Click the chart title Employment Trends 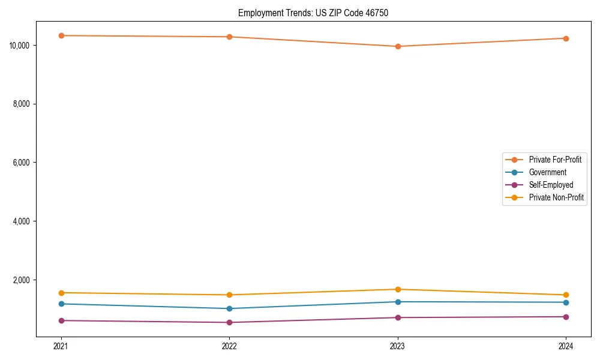tap(313, 13)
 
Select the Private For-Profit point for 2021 tap(61, 35)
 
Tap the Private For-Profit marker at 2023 tap(397, 46)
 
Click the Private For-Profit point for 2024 tap(566, 38)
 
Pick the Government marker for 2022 tap(229, 308)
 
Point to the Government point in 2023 tap(397, 302)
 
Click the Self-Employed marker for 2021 tap(61, 320)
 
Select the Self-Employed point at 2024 tap(566, 317)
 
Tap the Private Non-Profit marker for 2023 tap(397, 289)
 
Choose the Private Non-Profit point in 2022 tap(229, 295)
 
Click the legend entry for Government tap(547, 172)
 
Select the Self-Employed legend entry tap(551, 185)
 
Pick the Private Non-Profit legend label tap(556, 197)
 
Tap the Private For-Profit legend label tap(555, 160)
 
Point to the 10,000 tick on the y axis tap(22, 46)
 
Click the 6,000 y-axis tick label tap(23, 163)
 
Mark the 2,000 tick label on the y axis tap(23, 280)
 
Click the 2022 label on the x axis tap(229, 346)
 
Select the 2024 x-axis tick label tap(566, 346)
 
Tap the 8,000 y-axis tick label tap(23, 104)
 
